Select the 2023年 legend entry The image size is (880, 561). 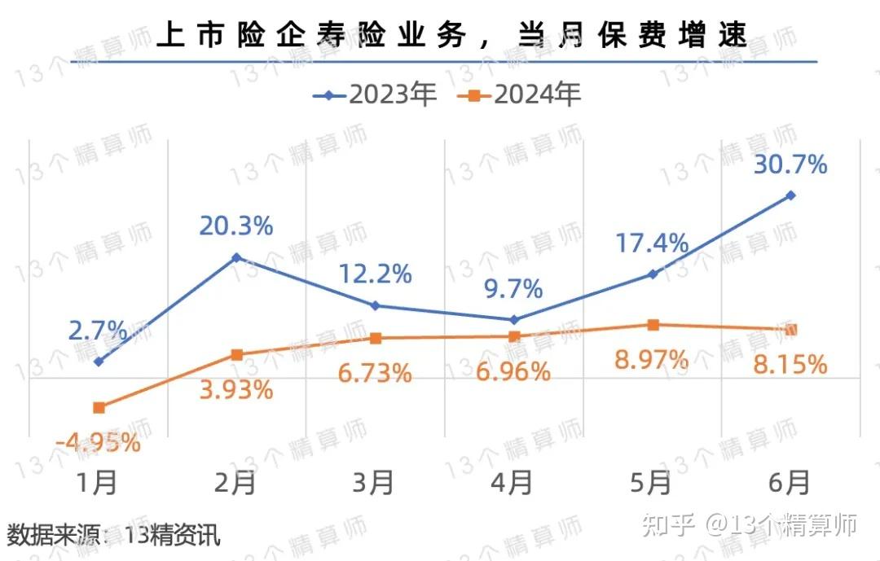[376, 95]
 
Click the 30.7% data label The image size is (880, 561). [790, 165]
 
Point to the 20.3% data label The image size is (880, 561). [235, 226]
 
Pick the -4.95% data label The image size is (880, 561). [98, 443]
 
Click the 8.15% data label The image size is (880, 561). [790, 364]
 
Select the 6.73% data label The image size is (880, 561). [374, 373]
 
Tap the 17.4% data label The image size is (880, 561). [651, 243]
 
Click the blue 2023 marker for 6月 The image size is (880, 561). [790, 195]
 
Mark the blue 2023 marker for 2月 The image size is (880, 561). [236, 257]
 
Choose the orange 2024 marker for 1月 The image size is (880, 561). [99, 407]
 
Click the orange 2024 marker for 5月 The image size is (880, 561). [653, 325]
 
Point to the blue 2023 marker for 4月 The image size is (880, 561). [513, 319]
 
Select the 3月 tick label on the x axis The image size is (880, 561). [374, 483]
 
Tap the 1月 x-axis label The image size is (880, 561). [98, 483]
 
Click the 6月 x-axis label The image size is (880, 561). [790, 483]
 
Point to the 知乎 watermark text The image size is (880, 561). [668, 525]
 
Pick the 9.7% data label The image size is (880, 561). [513, 288]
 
